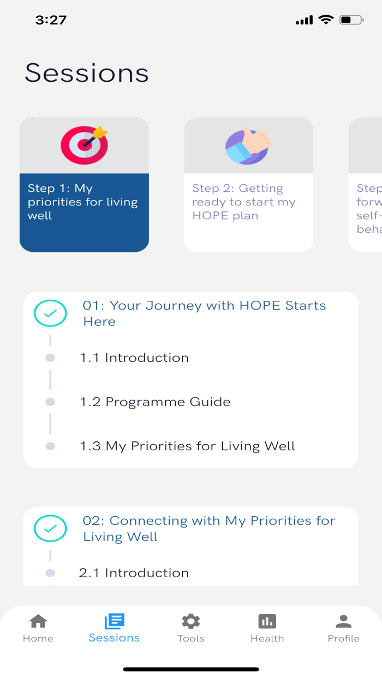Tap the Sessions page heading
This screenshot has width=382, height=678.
click(87, 73)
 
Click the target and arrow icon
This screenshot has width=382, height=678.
click(84, 146)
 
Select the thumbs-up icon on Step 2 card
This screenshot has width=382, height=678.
click(248, 146)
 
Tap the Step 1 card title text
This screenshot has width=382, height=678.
click(82, 202)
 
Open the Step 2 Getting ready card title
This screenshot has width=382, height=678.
click(244, 202)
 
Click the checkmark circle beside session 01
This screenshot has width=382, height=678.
click(50, 313)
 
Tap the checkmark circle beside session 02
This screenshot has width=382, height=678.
click(50, 529)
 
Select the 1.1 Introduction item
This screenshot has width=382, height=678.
click(134, 358)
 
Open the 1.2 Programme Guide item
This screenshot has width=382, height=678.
click(155, 402)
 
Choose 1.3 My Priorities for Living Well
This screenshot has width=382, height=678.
click(187, 446)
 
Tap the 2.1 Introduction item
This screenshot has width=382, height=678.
click(134, 573)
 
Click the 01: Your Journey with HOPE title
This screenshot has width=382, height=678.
click(204, 313)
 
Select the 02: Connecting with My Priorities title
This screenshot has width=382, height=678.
click(209, 529)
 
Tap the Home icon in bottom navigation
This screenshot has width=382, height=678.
click(38, 621)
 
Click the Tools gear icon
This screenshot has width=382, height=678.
click(190, 621)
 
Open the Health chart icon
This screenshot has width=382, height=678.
click(267, 621)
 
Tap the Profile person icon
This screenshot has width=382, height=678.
click(343, 621)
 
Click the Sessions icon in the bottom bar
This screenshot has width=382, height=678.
click(114, 621)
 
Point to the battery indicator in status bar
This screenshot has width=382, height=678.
click(351, 20)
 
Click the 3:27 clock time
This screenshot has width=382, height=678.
click(51, 20)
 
